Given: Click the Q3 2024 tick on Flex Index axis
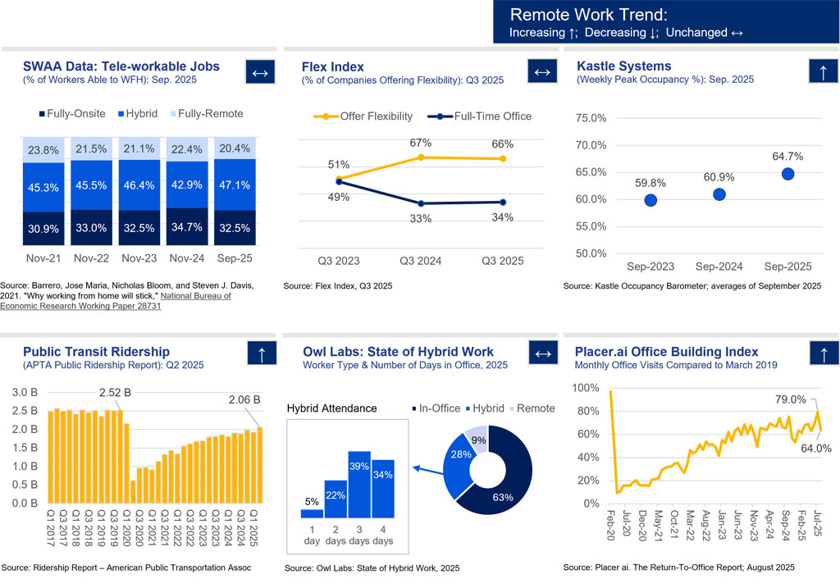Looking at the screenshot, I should coord(421,262).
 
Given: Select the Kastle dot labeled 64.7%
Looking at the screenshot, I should coord(787,174).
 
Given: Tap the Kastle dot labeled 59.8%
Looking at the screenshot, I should coord(651,200).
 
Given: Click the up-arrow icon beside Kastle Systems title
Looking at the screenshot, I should coord(823,72).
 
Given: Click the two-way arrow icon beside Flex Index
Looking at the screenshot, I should coord(541,72).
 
